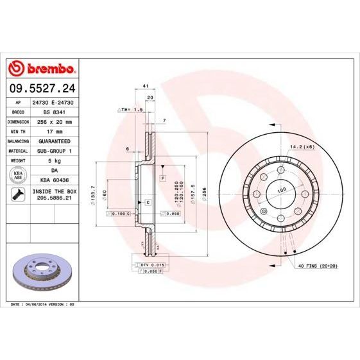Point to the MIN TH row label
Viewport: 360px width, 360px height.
point(17,130)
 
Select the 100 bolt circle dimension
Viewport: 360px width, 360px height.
point(281,191)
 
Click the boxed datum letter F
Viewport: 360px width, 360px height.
point(163,176)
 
